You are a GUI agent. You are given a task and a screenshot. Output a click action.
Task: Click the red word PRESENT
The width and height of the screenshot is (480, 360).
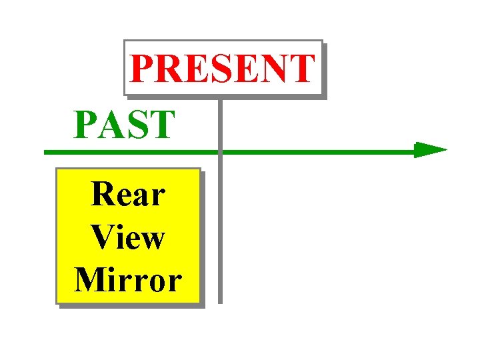coord(223,69)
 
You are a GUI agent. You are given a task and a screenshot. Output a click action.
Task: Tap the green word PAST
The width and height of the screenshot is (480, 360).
coord(125,125)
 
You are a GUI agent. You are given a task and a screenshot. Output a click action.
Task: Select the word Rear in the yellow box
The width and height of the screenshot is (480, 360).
coord(128,195)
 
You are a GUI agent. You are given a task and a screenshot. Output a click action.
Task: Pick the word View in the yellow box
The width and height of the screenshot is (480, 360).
coord(127,237)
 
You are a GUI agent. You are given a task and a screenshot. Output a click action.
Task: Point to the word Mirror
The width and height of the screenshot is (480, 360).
coord(128,279)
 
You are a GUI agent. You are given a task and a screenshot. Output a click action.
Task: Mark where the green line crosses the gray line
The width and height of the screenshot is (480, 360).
coord(219,152)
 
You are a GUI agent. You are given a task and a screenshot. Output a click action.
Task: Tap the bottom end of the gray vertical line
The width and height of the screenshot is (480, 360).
coord(219,301)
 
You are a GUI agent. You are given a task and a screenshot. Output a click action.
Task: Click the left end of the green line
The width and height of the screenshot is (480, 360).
coord(46,153)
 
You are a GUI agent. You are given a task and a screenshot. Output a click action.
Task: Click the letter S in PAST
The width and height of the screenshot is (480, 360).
coord(137,125)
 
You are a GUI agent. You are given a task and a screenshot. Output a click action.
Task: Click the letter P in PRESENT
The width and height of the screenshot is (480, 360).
coord(143,69)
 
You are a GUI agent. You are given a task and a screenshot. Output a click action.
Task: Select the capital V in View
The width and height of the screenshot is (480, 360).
coord(103,237)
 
